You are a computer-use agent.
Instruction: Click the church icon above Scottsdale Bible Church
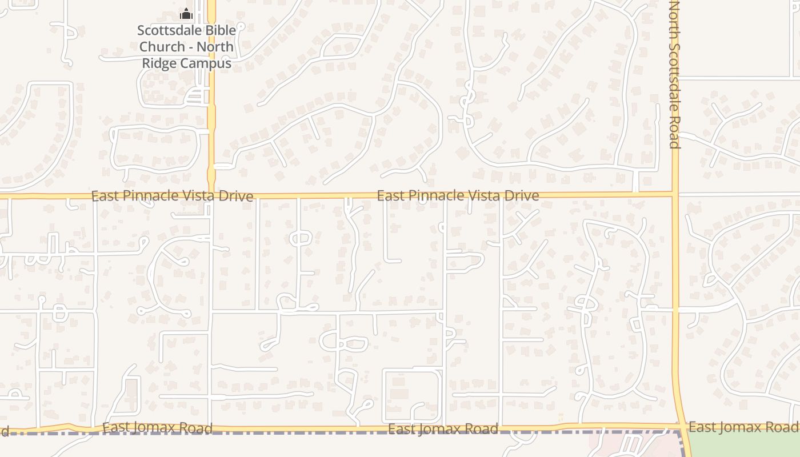pyautogui.click(x=186, y=14)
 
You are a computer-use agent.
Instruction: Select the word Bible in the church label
pyautogui.click(x=217, y=30)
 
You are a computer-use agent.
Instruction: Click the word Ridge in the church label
pyautogui.click(x=157, y=63)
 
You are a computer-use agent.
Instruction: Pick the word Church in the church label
pyautogui.click(x=162, y=47)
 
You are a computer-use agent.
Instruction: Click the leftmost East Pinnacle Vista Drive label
pyautogui.click(x=172, y=196)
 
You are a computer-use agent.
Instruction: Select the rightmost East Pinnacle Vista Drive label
pyautogui.click(x=458, y=196)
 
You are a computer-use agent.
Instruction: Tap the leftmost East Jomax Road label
pyautogui.click(x=158, y=428)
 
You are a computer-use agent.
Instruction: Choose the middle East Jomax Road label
pyautogui.click(x=443, y=428)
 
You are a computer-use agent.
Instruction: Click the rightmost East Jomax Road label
pyautogui.click(x=743, y=427)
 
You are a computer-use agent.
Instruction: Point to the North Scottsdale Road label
pyautogui.click(x=674, y=74)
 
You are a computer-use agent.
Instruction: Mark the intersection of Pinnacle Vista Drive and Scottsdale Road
pyautogui.click(x=675, y=195)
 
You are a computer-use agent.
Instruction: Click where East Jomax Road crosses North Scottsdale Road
pyautogui.click(x=681, y=426)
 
